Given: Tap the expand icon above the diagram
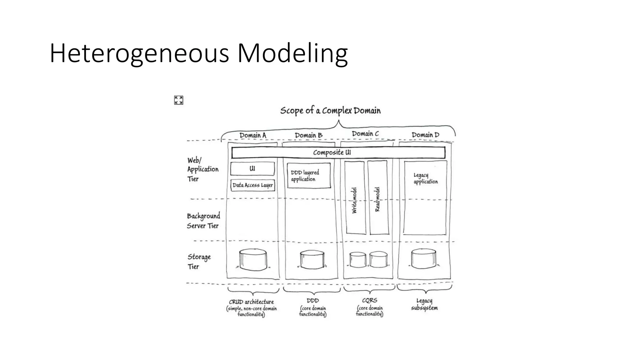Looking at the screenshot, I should coord(178,100).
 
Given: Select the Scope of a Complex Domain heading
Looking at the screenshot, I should coord(330,111).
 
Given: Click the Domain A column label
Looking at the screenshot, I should coord(252,135).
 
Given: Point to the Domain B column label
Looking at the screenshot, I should coord(308,135).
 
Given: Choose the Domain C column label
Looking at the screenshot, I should coord(365,134).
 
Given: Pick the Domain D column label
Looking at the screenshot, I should coord(425,135).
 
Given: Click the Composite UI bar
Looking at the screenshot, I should coord(338,152).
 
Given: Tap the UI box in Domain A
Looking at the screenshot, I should coord(252,169).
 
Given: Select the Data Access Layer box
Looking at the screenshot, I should coord(252,185).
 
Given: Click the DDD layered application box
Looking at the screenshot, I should coord(309,176).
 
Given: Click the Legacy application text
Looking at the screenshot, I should coord(426,178).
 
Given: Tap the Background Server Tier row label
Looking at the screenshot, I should coord(203,221).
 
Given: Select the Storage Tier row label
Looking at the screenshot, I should coord(199,262).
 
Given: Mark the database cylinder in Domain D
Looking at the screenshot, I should coord(423,258).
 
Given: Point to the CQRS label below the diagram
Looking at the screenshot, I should coord(369,301).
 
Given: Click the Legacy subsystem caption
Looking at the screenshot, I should coord(424,304).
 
